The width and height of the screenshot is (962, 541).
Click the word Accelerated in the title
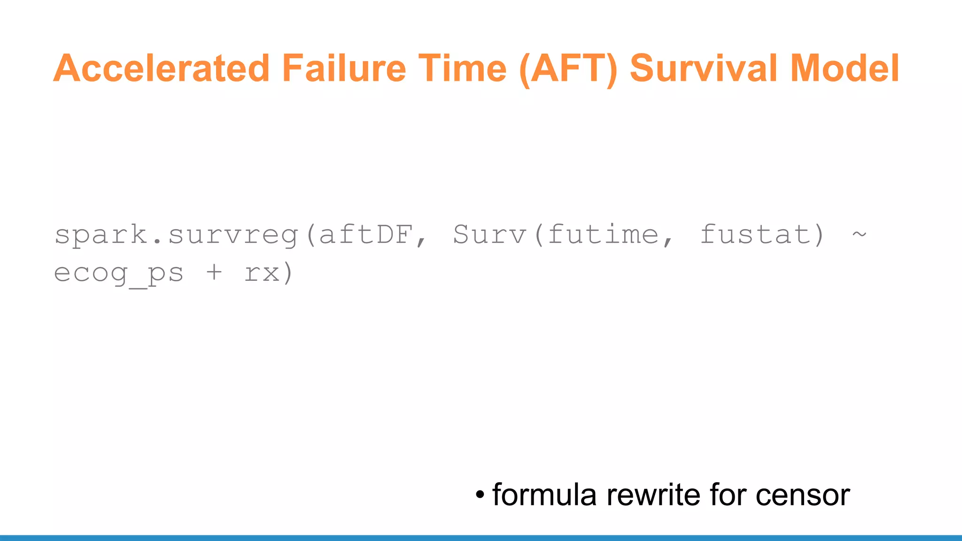[161, 68]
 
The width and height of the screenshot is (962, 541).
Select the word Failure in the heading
[344, 68]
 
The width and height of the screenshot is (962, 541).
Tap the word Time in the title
[463, 68]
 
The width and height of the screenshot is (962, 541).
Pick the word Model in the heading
[845, 68]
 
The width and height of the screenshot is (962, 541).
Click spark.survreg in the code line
[177, 235]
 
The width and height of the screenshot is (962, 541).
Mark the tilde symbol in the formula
[859, 233]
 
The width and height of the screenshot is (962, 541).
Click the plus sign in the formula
[214, 272]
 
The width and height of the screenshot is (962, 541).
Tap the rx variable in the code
[262, 273]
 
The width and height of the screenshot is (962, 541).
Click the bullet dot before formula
[480, 495]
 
